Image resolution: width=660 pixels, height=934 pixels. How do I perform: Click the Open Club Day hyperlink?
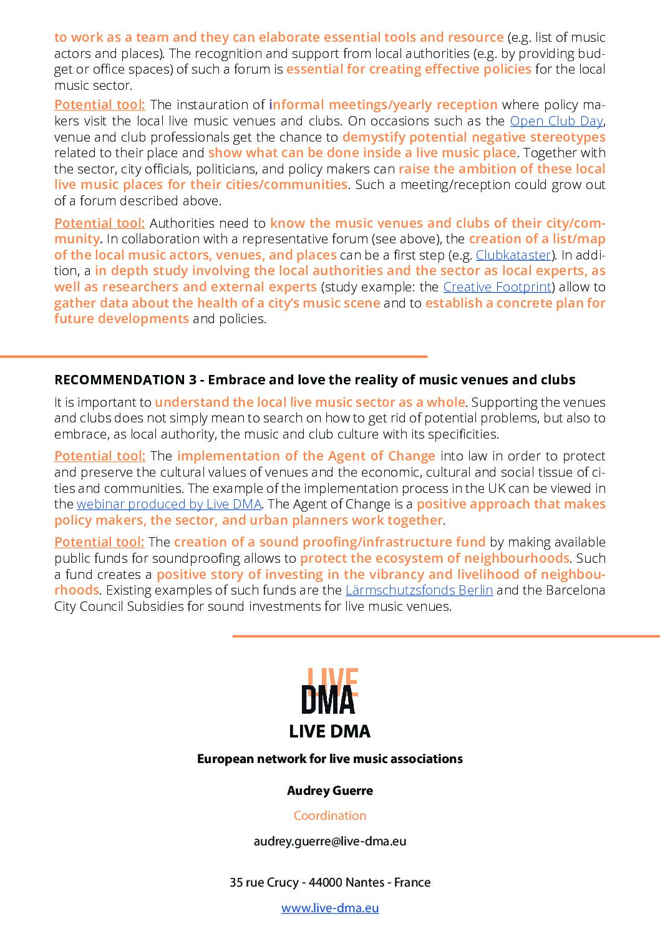[x=556, y=121]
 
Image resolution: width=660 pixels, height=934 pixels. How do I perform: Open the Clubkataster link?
[x=513, y=255]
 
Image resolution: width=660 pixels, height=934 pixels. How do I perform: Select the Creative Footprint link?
[x=497, y=287]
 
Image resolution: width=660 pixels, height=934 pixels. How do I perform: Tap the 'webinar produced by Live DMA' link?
[x=169, y=504]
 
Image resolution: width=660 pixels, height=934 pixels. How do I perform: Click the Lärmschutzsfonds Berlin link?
[x=419, y=590]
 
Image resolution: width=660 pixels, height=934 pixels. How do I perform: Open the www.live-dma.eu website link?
[x=330, y=908]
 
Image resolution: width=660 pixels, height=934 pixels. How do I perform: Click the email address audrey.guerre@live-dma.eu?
[x=330, y=841]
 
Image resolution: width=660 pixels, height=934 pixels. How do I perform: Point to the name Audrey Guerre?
[x=330, y=790]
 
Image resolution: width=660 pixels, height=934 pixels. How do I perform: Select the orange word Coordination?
[x=330, y=815]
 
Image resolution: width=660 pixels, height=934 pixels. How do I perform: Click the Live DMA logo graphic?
[x=329, y=691]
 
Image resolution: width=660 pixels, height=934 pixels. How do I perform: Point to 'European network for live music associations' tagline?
[x=330, y=759]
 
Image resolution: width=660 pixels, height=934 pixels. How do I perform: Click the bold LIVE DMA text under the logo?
[x=330, y=732]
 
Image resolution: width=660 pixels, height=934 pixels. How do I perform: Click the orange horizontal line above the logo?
[x=446, y=636]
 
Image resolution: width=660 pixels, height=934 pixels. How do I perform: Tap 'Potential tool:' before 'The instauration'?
[x=100, y=105]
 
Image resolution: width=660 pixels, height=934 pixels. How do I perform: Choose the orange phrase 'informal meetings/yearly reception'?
[x=383, y=105]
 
